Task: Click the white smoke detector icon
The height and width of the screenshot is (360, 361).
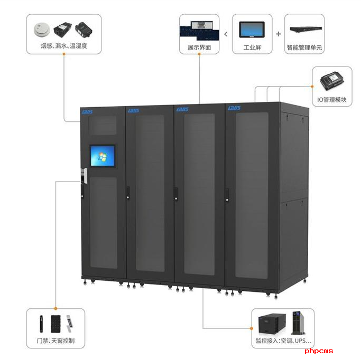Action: point(42,29)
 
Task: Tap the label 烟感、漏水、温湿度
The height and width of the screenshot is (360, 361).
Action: point(63,46)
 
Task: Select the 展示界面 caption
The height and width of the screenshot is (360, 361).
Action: point(199,48)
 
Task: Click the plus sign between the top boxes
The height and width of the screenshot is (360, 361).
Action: point(279,34)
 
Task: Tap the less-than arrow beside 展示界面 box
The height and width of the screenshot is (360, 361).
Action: point(226,34)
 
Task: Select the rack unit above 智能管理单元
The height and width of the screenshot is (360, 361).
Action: point(304,30)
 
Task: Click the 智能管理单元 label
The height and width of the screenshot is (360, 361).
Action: point(304,48)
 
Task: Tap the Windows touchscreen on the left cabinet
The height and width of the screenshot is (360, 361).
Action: point(103,157)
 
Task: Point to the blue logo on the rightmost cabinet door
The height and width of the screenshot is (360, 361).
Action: point(234,108)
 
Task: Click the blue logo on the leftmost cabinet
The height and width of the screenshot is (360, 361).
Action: point(87,111)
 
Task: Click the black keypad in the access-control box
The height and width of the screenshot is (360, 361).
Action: point(54,323)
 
